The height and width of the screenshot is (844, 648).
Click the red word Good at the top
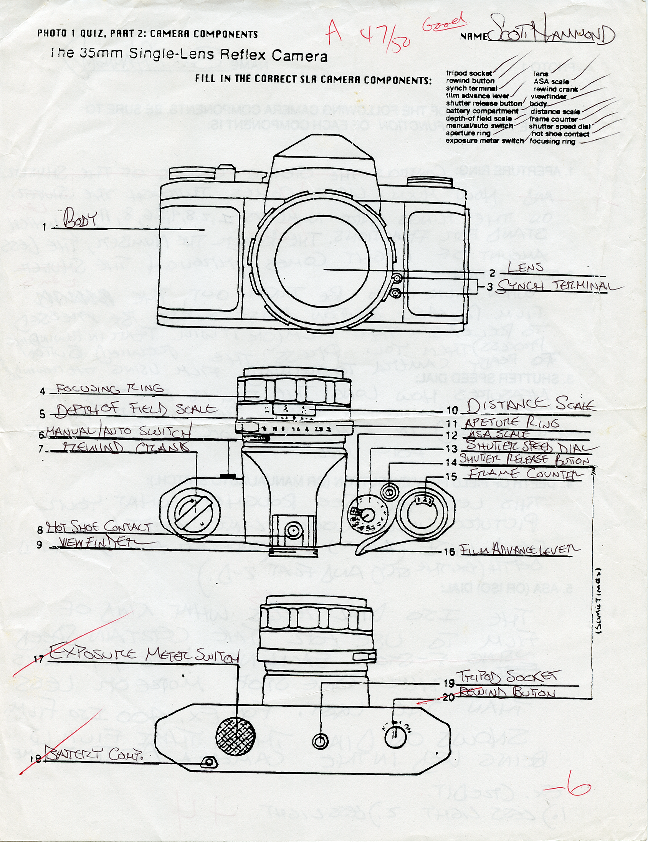click(443, 22)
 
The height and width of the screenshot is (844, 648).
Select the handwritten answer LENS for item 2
click(525, 267)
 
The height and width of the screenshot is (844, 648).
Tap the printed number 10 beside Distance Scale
click(452, 410)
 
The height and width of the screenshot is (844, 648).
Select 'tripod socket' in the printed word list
click(469, 73)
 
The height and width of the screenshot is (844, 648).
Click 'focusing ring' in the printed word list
click(552, 142)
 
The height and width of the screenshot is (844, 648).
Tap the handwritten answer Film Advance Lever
click(519, 550)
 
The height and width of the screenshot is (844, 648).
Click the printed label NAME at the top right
click(473, 36)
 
